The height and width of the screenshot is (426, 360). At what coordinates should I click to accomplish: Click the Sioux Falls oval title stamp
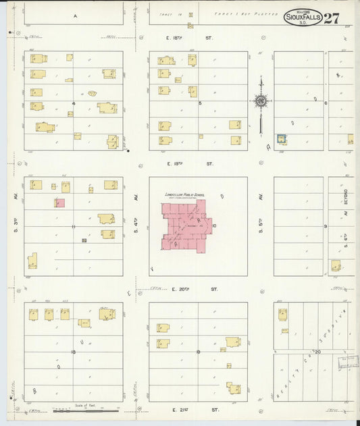(x=302, y=17)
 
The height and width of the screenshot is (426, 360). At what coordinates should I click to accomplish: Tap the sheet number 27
(x=331, y=18)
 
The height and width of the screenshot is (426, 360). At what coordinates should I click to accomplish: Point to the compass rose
(x=260, y=101)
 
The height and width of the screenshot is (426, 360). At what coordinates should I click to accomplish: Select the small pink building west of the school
(x=60, y=203)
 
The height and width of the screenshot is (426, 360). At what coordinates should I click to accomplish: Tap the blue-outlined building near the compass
(x=282, y=138)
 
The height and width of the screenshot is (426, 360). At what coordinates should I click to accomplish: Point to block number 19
(x=199, y=352)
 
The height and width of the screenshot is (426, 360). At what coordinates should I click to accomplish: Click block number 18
(x=73, y=352)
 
